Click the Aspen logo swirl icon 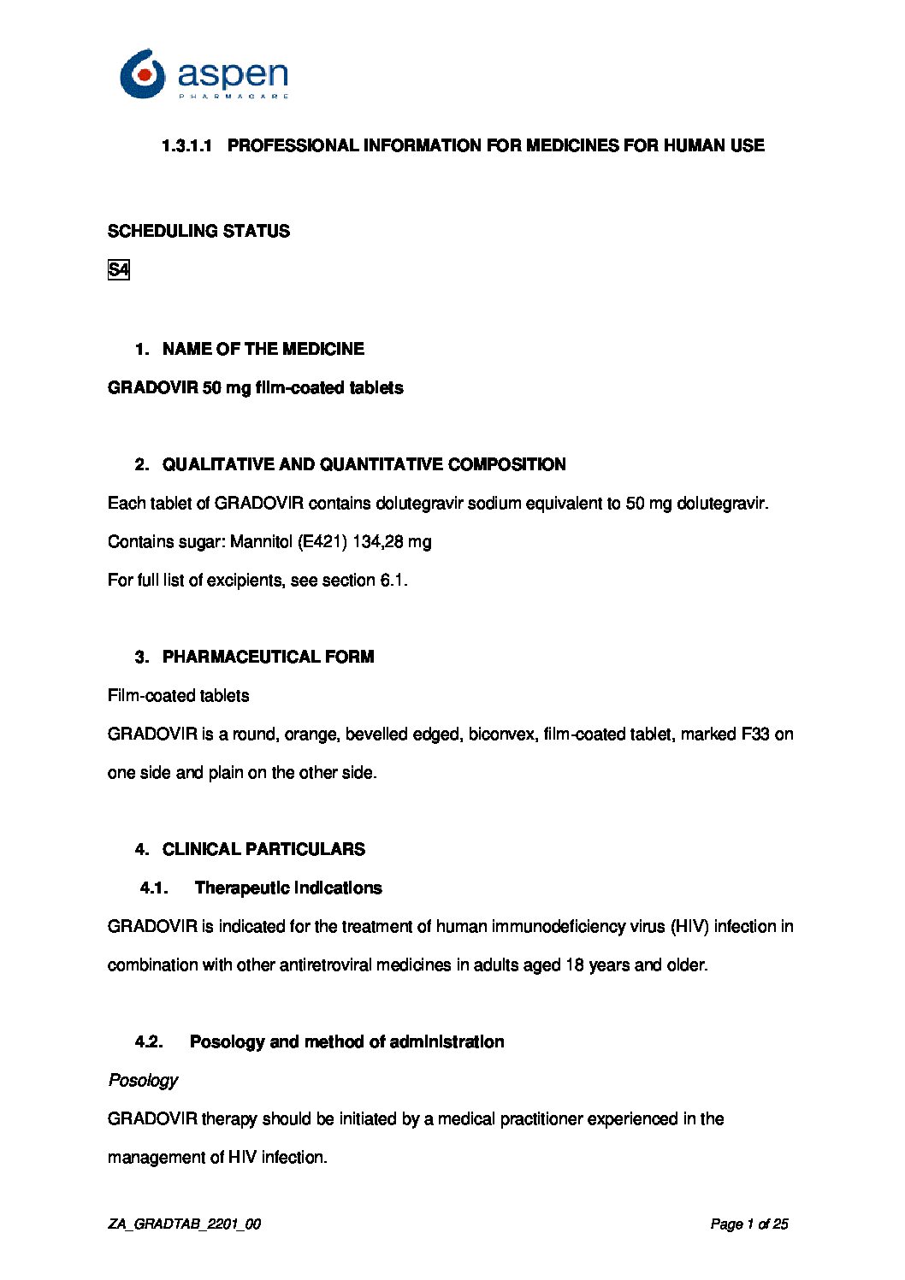click(x=142, y=74)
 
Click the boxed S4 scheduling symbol click(x=118, y=270)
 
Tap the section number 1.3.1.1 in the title click(x=186, y=146)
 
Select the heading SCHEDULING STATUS click(x=198, y=231)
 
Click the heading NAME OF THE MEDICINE click(x=263, y=349)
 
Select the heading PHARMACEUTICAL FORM click(x=268, y=657)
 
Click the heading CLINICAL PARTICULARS click(x=263, y=849)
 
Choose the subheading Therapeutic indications click(x=288, y=888)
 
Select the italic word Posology click(x=143, y=1081)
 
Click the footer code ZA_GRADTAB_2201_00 click(x=184, y=1224)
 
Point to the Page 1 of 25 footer click(x=748, y=1224)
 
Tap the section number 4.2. click(x=149, y=1042)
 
